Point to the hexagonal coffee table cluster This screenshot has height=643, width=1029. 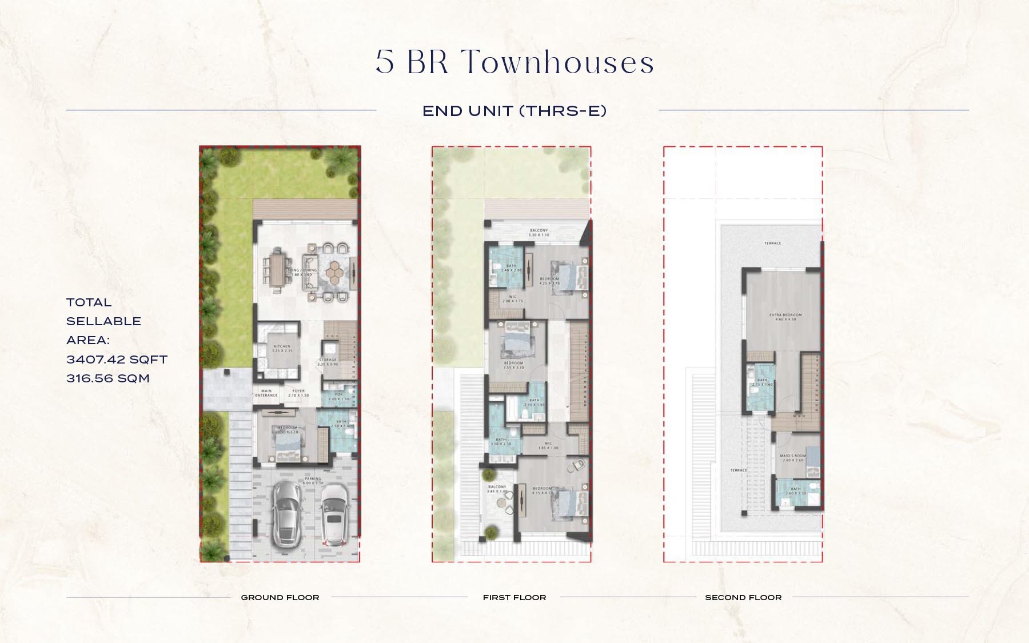pyautogui.click(x=333, y=273)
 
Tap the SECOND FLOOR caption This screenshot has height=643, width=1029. pyautogui.click(x=743, y=597)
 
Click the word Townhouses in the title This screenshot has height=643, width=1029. pyautogui.click(x=557, y=62)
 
